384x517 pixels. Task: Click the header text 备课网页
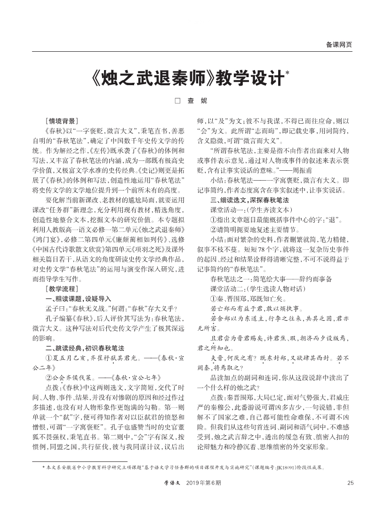pos(339,45)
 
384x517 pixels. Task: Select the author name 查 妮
pos(197,101)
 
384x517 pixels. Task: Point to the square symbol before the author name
pos(177,101)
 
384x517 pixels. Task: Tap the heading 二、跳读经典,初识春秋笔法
pos(85,348)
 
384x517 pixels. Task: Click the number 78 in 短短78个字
pos(256,249)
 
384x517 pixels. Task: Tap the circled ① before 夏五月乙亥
pos(48,358)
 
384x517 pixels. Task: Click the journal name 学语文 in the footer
pos(172,496)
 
